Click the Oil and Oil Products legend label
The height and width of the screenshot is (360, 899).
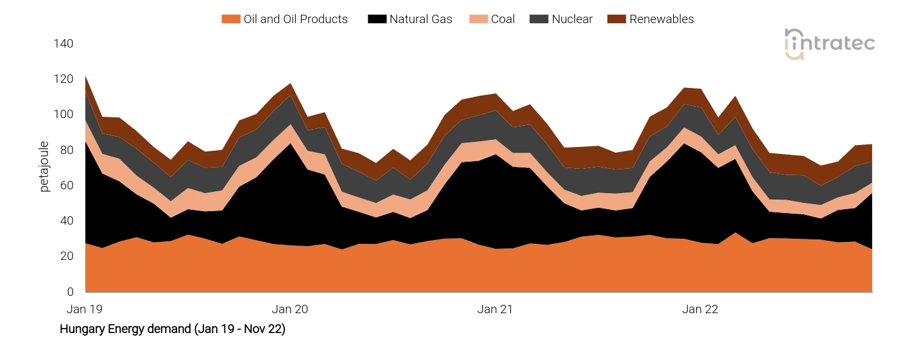pos(295,19)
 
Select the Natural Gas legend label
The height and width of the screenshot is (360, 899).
pos(420,19)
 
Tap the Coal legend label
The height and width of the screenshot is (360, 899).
pos(502,19)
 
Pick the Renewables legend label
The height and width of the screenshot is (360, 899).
pos(661,19)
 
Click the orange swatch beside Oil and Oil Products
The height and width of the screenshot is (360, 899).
pos(230,19)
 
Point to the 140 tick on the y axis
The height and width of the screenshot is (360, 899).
pos(64,44)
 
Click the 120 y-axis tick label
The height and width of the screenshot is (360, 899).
pos(64,80)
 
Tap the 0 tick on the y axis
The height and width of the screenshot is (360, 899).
pos(70,292)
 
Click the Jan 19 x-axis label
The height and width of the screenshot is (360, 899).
pos(85,309)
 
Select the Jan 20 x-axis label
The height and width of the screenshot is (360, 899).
pos(290,309)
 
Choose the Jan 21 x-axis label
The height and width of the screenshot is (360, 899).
pos(495,309)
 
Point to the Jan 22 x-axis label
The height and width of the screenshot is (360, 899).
pos(700,309)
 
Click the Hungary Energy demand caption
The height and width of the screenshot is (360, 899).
pos(172,329)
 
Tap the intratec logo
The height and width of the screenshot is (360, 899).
pos(829,44)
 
